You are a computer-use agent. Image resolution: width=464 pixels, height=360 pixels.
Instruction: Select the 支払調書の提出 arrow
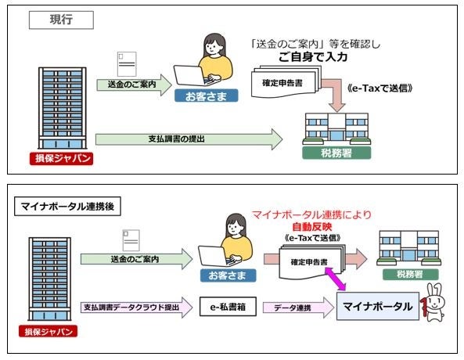tap(188, 140)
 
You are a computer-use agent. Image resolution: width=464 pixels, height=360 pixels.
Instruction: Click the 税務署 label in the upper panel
tap(336, 153)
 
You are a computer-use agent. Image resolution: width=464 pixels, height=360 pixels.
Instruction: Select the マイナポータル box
tap(376, 307)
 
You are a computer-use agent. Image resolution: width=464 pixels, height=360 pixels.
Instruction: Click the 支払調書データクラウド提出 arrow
tap(133, 307)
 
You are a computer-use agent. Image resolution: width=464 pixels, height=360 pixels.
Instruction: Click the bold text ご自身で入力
tap(313, 57)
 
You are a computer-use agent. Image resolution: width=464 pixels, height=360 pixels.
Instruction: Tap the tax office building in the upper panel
tap(336, 125)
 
